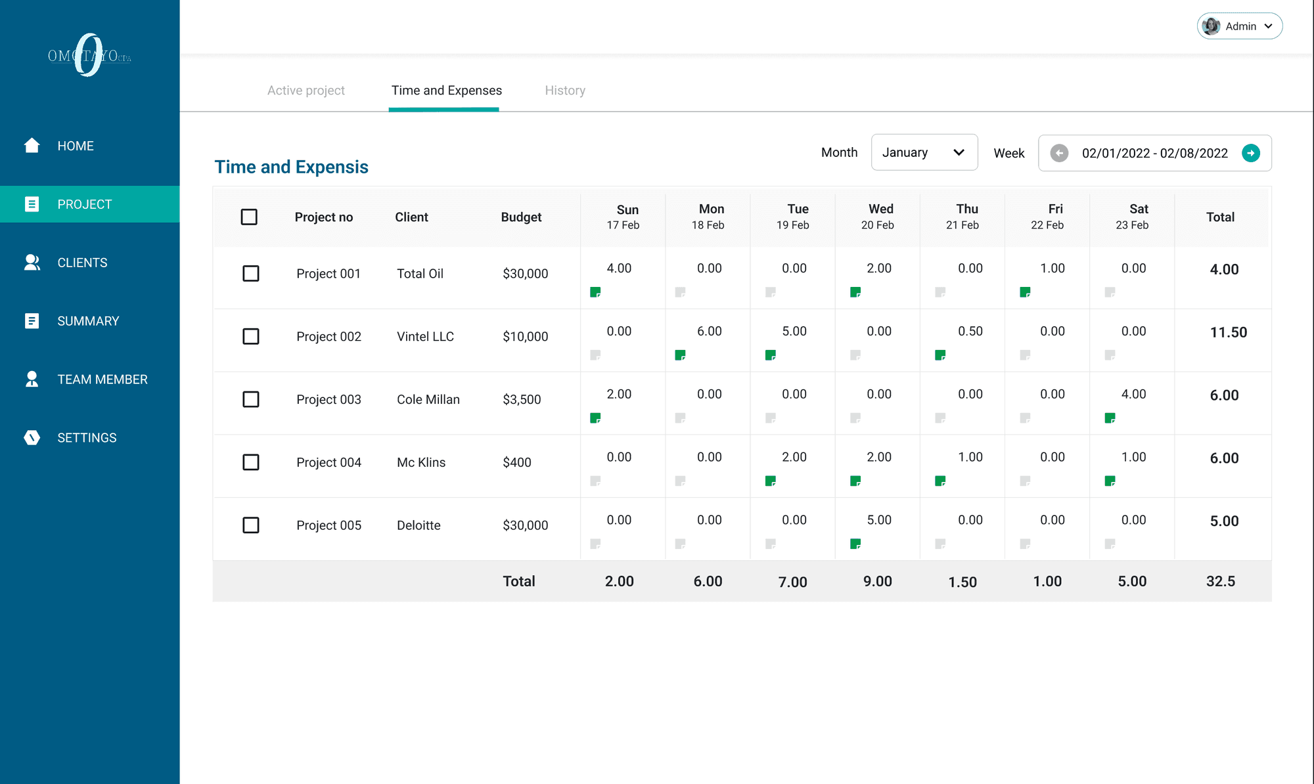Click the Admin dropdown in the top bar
tap(1239, 26)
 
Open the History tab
tap(565, 91)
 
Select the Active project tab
tap(306, 91)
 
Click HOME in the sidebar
tap(75, 146)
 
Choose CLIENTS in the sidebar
tap(82, 263)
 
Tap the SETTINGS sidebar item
tap(87, 438)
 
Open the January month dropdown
tap(924, 152)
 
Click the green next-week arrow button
tap(1251, 153)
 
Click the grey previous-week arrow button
tap(1059, 153)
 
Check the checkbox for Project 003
tap(251, 399)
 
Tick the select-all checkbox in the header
tap(249, 217)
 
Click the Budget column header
tap(521, 217)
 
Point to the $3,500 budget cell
tap(522, 399)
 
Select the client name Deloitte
tap(419, 525)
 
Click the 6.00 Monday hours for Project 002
tap(710, 332)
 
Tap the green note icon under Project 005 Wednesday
tap(855, 544)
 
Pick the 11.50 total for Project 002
tap(1229, 332)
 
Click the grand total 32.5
tap(1221, 581)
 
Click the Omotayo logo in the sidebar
tap(89, 55)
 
